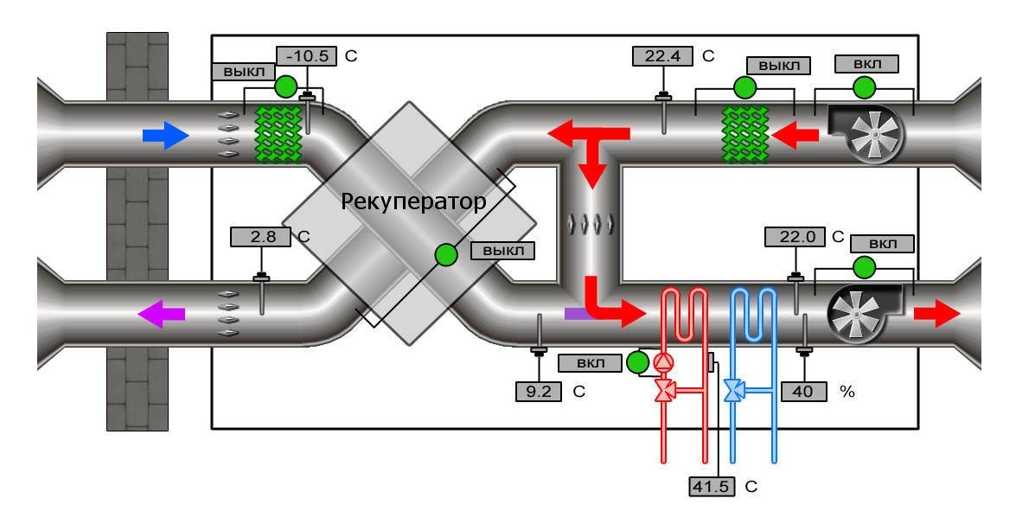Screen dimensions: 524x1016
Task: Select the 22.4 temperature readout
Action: coord(664,56)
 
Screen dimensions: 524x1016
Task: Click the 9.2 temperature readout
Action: coord(539,391)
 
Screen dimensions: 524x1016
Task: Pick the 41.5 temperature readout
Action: coord(712,486)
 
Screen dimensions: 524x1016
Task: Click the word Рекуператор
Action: coord(413,201)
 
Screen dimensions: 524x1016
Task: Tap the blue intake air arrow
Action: coord(164,135)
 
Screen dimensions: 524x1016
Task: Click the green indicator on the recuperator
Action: coord(446,254)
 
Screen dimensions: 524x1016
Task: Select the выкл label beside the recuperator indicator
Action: coord(502,251)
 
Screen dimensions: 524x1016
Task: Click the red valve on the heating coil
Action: coord(666,392)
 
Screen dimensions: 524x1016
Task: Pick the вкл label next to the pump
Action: coord(591,361)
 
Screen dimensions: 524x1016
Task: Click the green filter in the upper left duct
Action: coord(277,134)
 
